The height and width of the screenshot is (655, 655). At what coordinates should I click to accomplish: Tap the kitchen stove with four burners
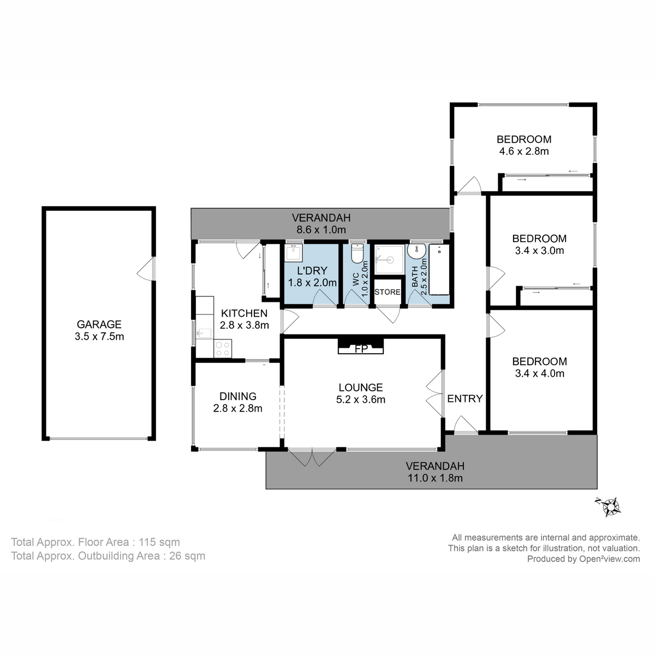pos(223,348)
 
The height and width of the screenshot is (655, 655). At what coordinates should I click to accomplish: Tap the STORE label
pos(388,292)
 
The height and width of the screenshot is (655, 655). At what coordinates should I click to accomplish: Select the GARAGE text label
pos(99,324)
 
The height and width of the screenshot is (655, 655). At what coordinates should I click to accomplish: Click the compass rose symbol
pos(609,506)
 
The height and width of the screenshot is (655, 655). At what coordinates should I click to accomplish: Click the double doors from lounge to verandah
pos(309,457)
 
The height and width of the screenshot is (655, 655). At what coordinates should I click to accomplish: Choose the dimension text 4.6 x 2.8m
pos(523,151)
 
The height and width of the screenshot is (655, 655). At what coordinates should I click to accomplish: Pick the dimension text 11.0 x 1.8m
pos(435,479)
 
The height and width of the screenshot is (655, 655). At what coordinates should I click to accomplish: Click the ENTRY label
pos(465,398)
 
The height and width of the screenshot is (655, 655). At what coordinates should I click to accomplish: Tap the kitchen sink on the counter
pos(203,333)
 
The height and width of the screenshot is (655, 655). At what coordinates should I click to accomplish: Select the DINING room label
pos(238,396)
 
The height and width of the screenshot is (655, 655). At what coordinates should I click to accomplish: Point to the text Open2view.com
pos(609,558)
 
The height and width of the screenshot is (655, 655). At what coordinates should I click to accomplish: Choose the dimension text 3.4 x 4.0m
pos(539,373)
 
